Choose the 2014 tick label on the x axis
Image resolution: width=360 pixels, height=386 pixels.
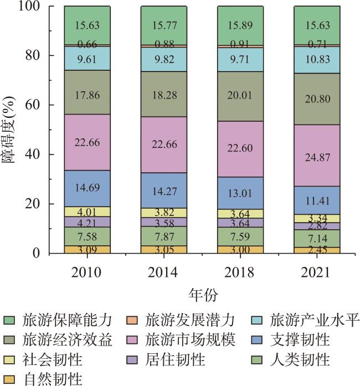pos(163,273)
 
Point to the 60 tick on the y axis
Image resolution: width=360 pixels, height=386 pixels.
pos(45,105)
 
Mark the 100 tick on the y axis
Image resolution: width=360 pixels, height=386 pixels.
pos(42,7)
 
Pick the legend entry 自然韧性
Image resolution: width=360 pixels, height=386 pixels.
pos(53,379)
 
